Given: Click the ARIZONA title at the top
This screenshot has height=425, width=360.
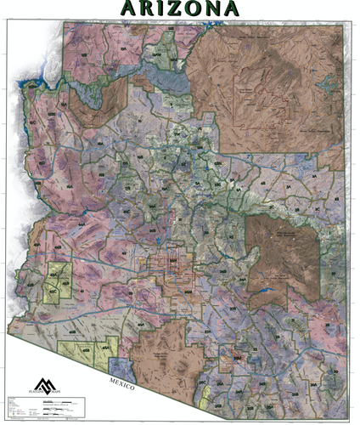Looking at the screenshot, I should [x=180, y=8].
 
